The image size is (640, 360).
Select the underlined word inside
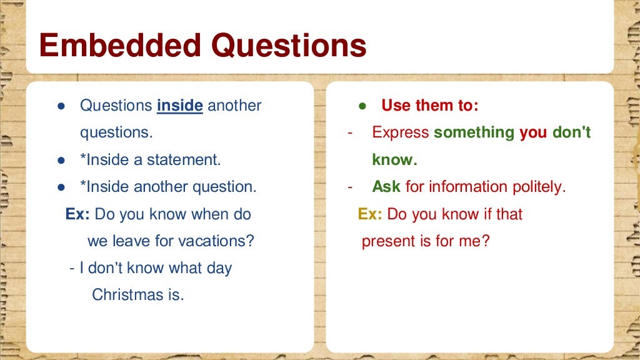(180, 106)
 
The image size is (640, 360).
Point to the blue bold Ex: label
(77, 214)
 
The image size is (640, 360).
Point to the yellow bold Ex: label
(370, 214)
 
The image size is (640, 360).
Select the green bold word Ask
(386, 186)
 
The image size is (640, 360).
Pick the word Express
(400, 132)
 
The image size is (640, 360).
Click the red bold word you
(533, 132)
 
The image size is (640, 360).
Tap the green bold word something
(474, 132)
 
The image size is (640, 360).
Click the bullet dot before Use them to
(362, 106)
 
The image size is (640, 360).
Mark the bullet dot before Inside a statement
(61, 160)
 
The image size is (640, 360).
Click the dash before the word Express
(351, 132)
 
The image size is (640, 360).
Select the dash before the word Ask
(351, 186)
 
